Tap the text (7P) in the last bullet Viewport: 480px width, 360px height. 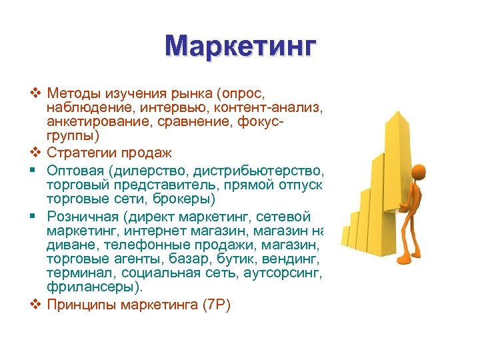tap(215, 305)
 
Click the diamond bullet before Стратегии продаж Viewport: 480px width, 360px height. tap(36, 153)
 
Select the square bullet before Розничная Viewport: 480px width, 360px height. tap(36, 216)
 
